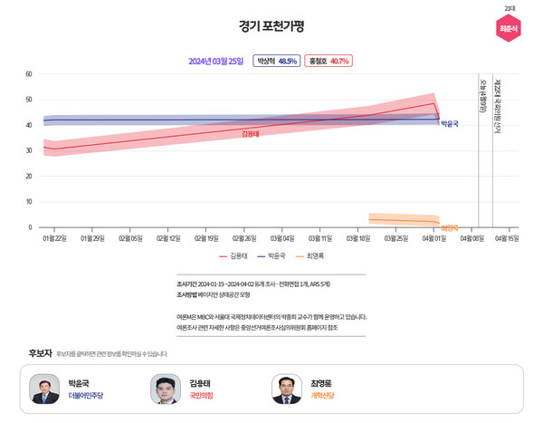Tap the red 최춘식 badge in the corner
510,29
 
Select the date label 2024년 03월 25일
215,62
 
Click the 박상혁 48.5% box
276,62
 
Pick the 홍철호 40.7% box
328,62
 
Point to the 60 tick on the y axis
29,74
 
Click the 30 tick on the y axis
29,150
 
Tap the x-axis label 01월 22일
54,238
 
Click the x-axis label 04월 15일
507,238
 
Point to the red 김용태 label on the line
251,134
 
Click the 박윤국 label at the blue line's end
450,124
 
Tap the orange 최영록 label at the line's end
450,228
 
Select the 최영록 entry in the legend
310,256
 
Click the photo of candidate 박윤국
44,389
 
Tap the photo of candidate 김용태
166,389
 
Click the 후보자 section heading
41,352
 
